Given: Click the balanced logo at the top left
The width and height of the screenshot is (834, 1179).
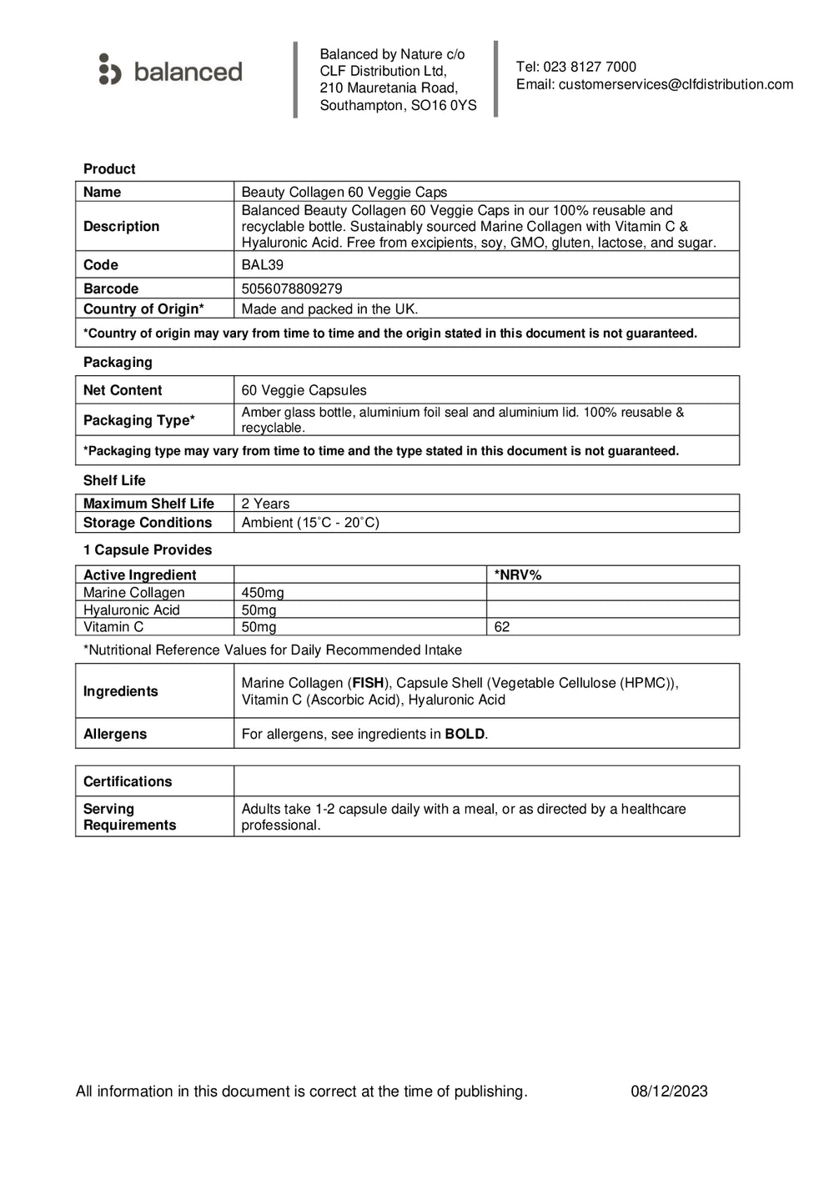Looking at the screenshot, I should pyautogui.click(x=170, y=71).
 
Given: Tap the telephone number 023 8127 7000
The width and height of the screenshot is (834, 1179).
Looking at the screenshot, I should pyautogui.click(x=589, y=67).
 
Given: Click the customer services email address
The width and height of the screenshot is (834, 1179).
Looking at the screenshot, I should pyautogui.click(x=676, y=84).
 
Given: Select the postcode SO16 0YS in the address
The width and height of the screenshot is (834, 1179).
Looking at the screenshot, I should pyautogui.click(x=444, y=105).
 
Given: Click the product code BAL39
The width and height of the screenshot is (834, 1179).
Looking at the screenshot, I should pyautogui.click(x=262, y=265).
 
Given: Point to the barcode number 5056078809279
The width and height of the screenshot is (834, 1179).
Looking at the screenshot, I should pyautogui.click(x=291, y=288).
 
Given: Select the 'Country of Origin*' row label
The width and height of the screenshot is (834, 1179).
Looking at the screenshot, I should pyautogui.click(x=143, y=309).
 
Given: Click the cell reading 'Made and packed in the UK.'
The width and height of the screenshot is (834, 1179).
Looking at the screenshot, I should pyautogui.click(x=329, y=309).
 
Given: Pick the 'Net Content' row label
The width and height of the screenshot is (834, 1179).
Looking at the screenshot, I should pyautogui.click(x=123, y=390).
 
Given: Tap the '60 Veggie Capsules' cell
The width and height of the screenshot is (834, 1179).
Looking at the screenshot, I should pyautogui.click(x=304, y=390).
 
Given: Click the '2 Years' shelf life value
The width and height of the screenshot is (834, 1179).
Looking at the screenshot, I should pyautogui.click(x=265, y=504).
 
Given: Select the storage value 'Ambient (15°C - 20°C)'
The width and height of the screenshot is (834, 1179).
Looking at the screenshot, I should pyautogui.click(x=310, y=523).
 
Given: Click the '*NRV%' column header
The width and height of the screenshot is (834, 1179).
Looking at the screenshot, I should pyautogui.click(x=518, y=575).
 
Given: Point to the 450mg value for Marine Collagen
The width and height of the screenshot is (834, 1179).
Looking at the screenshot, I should pyautogui.click(x=263, y=593).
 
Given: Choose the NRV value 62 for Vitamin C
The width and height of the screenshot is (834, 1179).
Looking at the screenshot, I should pyautogui.click(x=502, y=627).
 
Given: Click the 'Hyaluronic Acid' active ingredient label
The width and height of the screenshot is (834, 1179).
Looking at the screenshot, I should pyautogui.click(x=131, y=610).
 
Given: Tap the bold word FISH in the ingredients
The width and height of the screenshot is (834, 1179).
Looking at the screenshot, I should pyautogui.click(x=368, y=683).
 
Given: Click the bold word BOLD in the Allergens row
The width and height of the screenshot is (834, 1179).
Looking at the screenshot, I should pyautogui.click(x=465, y=735).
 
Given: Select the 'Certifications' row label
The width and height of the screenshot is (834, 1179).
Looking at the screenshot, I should pyautogui.click(x=128, y=782).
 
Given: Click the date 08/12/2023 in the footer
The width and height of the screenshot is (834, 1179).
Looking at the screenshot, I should pyautogui.click(x=669, y=1091).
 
